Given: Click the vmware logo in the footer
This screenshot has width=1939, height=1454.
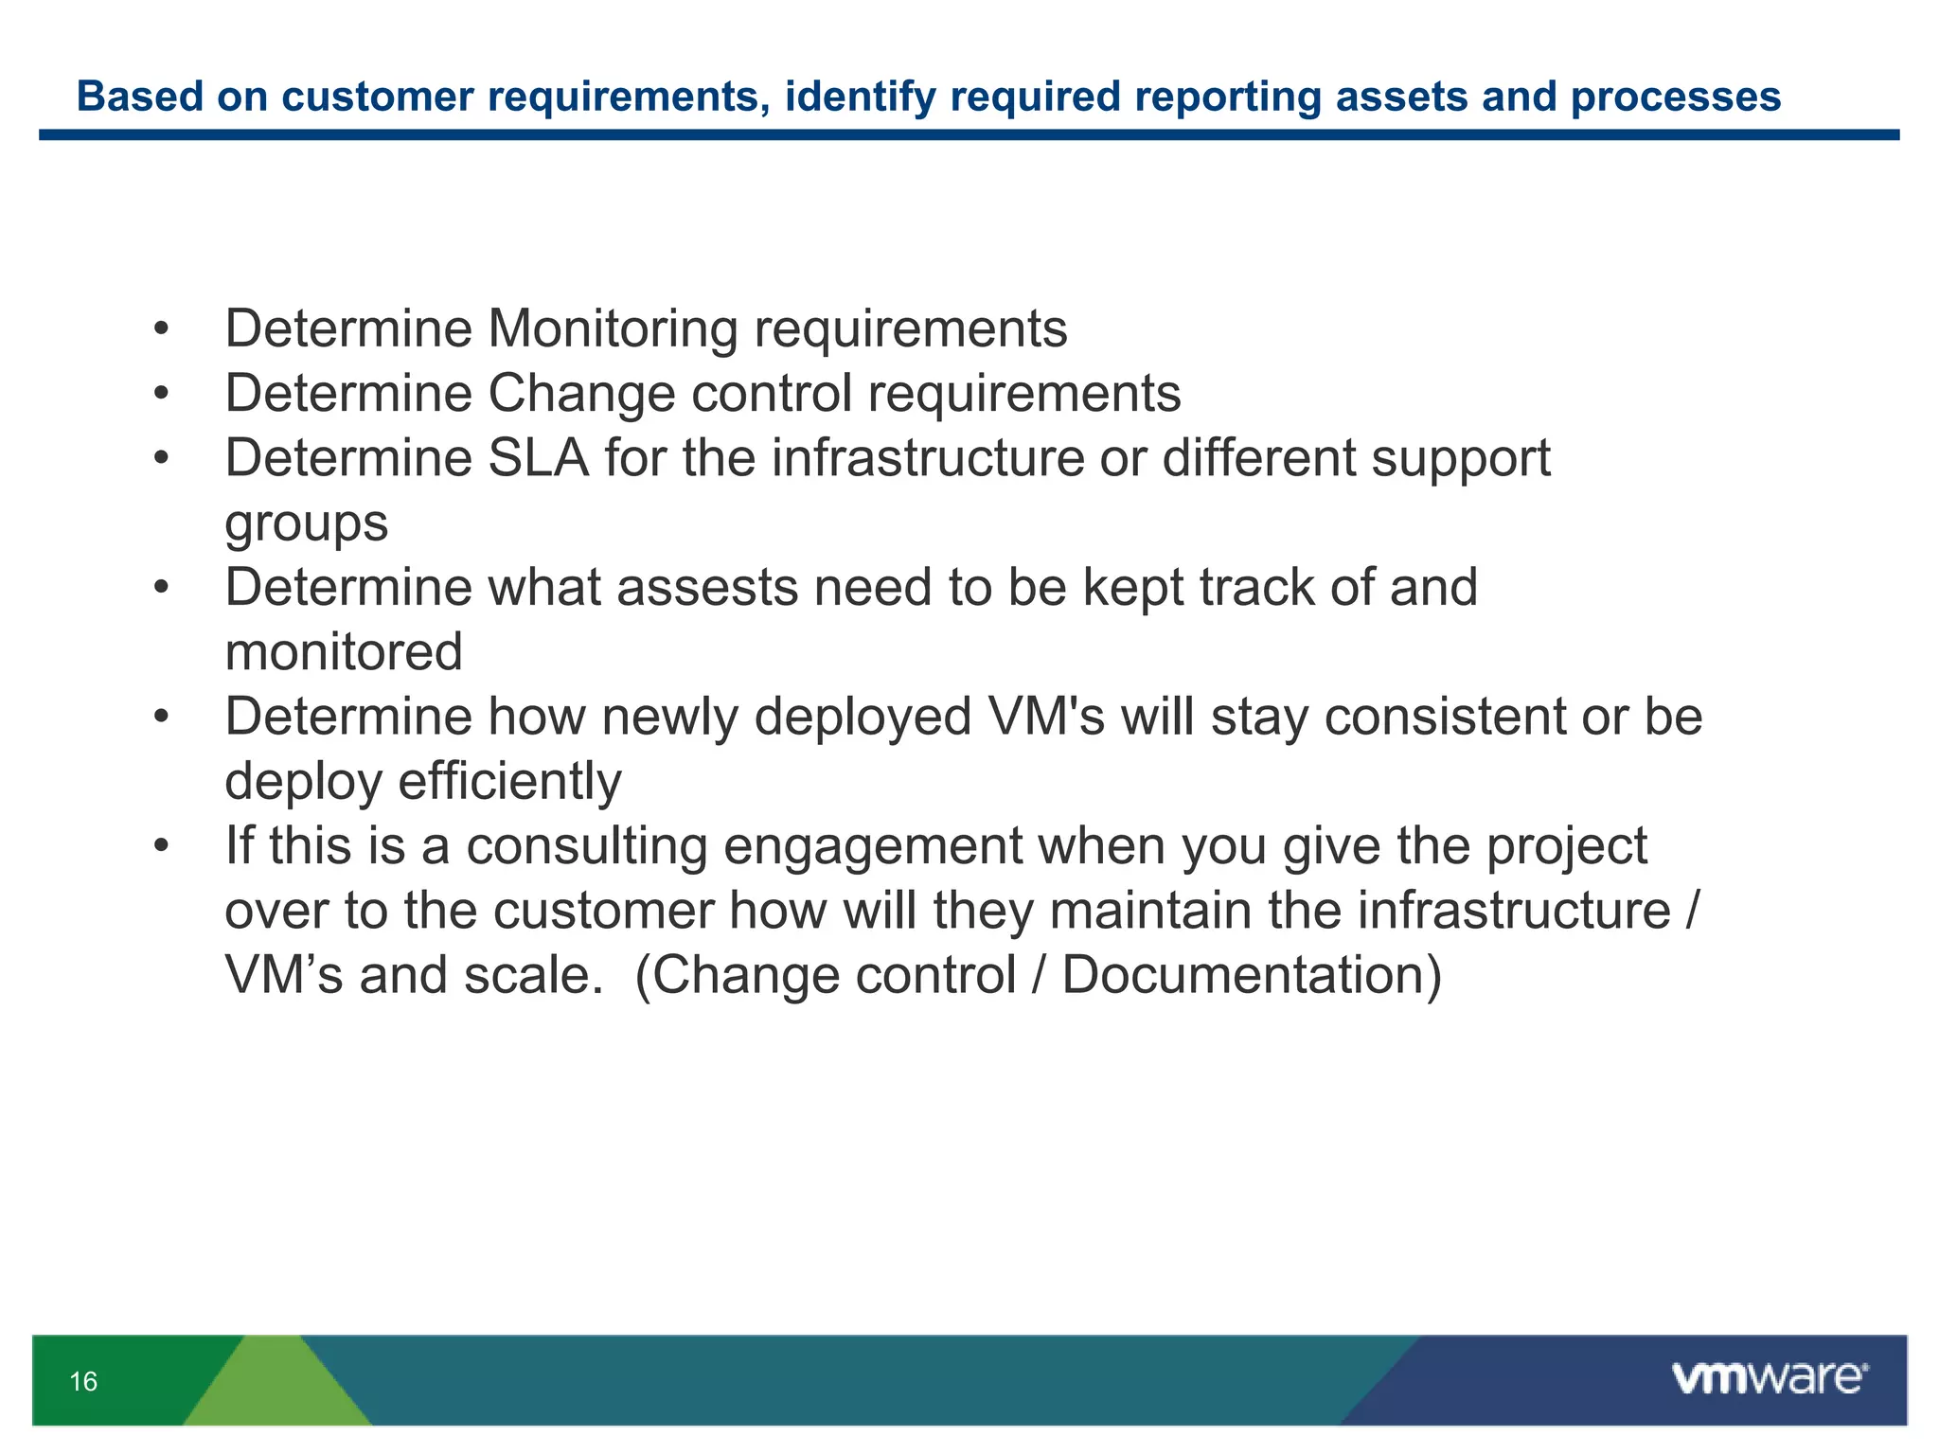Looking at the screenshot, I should [1769, 1378].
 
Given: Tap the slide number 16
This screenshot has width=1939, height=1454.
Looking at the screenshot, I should [83, 1382].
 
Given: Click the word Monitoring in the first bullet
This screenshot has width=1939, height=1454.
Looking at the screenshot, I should [612, 329].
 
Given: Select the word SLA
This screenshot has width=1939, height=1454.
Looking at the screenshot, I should [538, 459].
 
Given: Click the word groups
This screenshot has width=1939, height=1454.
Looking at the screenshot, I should [306, 523].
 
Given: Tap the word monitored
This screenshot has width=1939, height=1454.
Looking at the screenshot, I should [344, 652].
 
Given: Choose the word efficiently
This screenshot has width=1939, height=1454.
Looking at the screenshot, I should [509, 782].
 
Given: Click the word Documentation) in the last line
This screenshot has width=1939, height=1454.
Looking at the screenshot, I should [1252, 975].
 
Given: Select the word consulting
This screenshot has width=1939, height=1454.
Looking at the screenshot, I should [586, 846].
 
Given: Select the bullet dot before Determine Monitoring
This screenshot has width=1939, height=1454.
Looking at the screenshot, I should [161, 330].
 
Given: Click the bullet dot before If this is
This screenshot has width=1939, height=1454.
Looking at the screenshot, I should [161, 846].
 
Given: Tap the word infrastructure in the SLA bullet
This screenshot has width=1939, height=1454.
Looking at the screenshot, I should [927, 459].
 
